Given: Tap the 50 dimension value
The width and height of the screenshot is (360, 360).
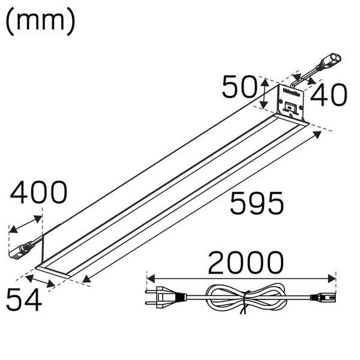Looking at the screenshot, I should (x=239, y=88).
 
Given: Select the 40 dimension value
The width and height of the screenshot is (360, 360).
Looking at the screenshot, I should (x=329, y=95).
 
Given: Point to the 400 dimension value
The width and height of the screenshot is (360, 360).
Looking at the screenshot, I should (x=39, y=193).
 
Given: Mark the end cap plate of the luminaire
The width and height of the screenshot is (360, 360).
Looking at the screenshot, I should (x=291, y=102).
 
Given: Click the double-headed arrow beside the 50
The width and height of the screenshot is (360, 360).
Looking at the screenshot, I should (x=266, y=93).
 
